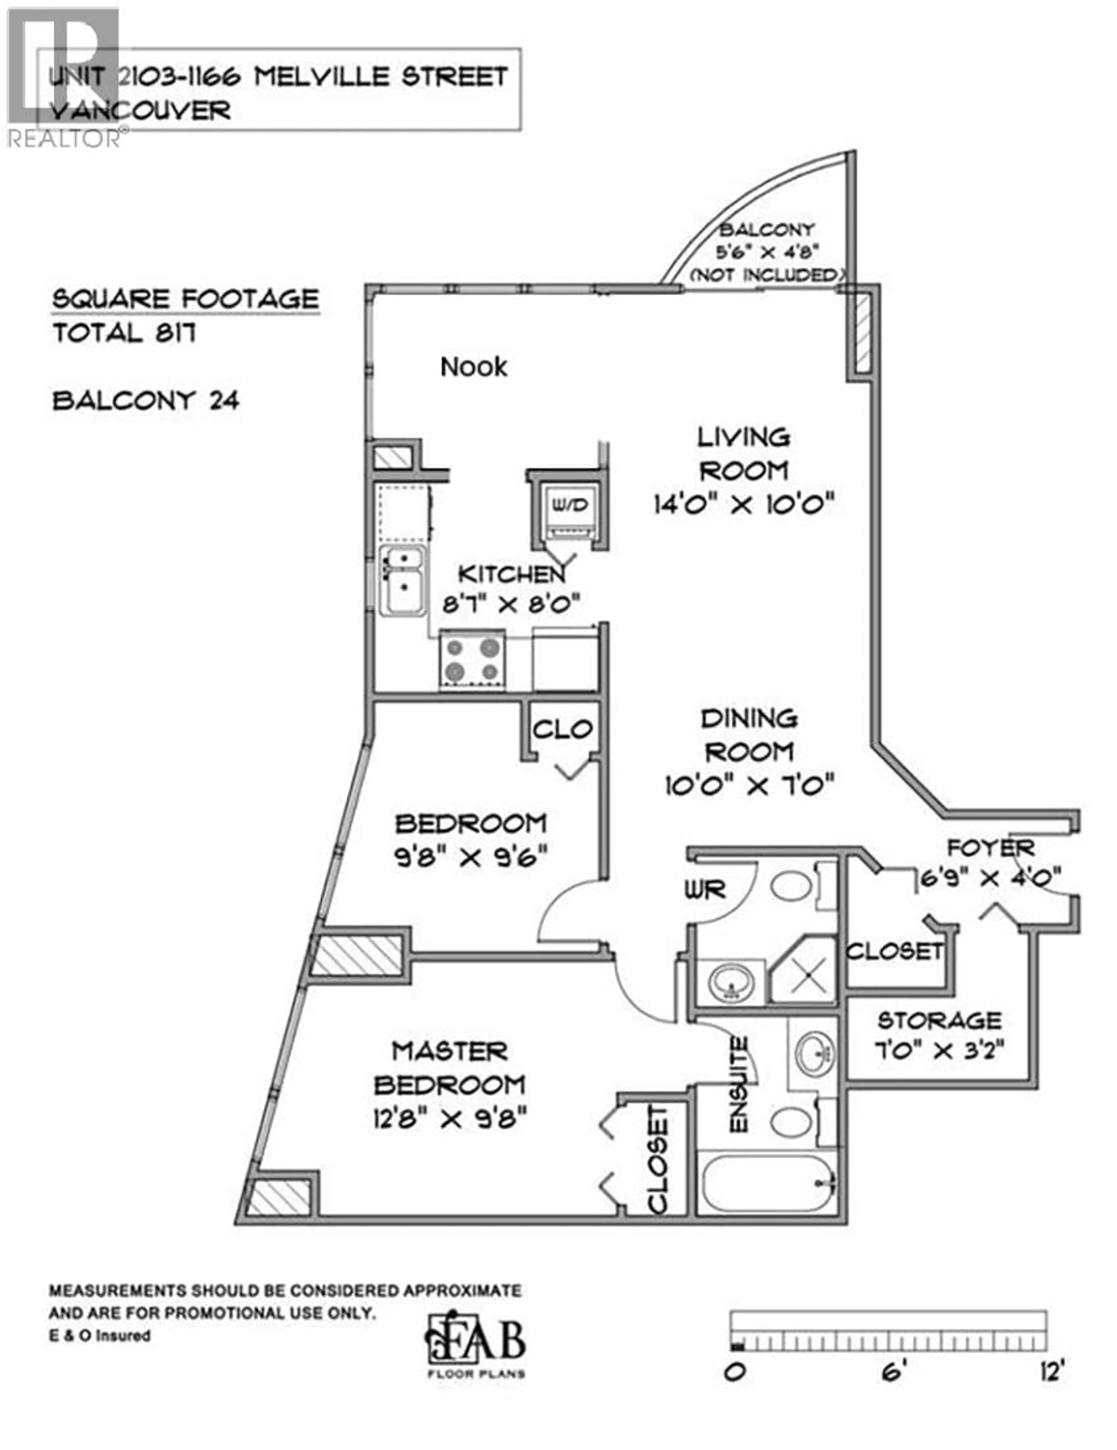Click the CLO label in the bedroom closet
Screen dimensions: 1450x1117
click(x=561, y=730)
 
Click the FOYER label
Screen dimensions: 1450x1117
click(x=990, y=848)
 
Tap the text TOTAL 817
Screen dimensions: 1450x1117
click(x=124, y=333)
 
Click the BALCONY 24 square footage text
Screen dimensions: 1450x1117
click(x=145, y=400)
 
